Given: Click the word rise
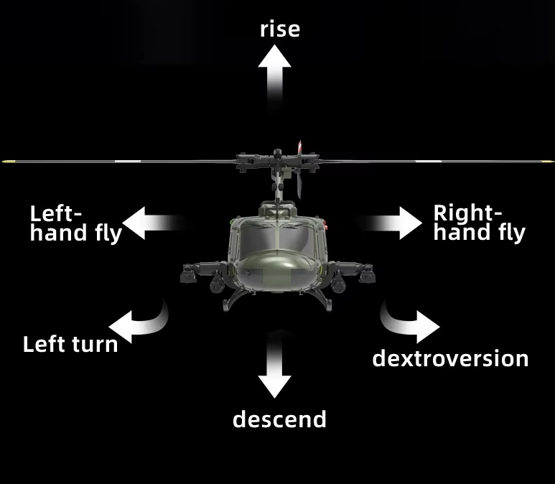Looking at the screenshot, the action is point(279,29).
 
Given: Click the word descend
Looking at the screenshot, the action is point(279,419).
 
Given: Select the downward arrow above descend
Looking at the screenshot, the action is point(275,366).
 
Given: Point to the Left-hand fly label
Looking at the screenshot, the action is point(75,223).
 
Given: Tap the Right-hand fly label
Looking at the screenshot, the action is point(479,223).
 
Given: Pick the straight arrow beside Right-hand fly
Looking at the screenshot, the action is point(394,223).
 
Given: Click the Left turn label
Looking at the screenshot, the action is point(70,343).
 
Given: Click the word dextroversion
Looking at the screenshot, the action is point(450,358).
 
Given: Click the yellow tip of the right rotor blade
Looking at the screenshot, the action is point(550,162).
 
